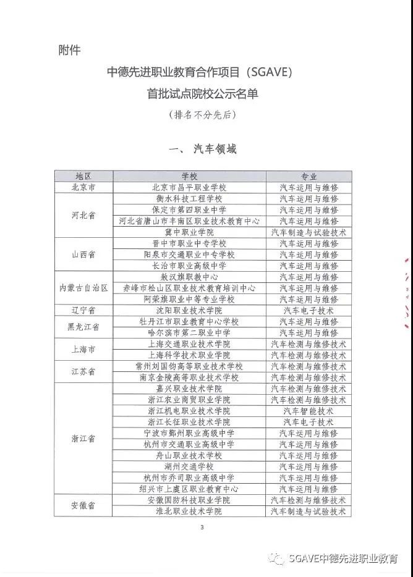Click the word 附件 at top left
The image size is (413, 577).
(x=69, y=49)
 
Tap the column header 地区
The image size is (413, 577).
(x=83, y=176)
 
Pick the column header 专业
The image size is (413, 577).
(x=309, y=176)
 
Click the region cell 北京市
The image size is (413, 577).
(x=83, y=187)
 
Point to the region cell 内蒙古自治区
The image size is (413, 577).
(x=83, y=288)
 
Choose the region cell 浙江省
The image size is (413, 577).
(x=83, y=439)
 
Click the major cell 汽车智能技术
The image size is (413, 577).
(x=309, y=411)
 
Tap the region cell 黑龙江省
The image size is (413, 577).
(x=83, y=327)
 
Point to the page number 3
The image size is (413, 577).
(x=202, y=528)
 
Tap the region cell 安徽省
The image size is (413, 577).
(x=83, y=506)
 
